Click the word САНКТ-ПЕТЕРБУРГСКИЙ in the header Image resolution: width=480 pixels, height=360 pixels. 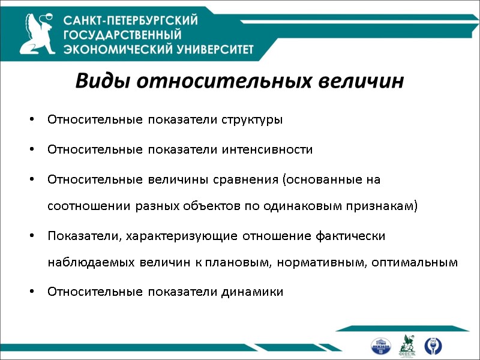[x=131, y=20]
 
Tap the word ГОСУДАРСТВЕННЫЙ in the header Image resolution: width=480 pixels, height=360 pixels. [x=122, y=35]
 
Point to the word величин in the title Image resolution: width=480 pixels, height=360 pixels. [x=368, y=81]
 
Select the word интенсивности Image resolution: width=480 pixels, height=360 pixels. [x=265, y=149]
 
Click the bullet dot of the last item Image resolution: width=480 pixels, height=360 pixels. [x=31, y=293]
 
